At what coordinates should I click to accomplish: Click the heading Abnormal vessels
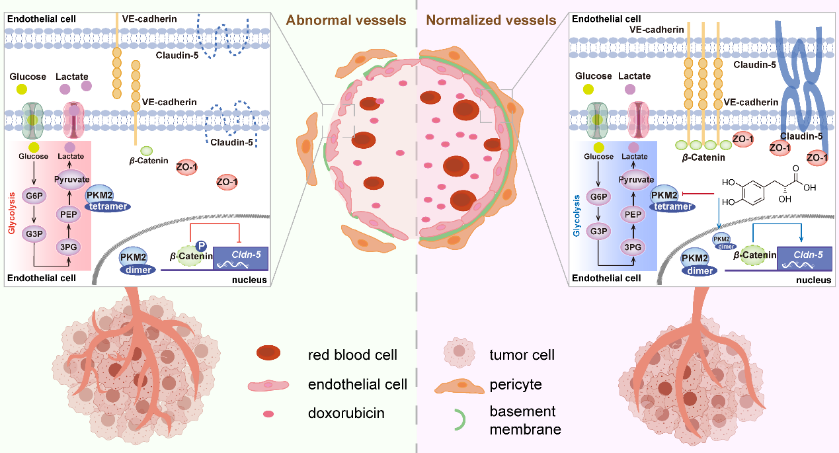pos(346,20)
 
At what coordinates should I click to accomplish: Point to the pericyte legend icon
pos(457,384)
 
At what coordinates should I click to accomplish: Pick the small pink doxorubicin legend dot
pos(269,414)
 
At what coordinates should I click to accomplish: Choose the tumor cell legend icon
pos(457,354)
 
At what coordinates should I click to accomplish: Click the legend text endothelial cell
pos(357,384)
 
